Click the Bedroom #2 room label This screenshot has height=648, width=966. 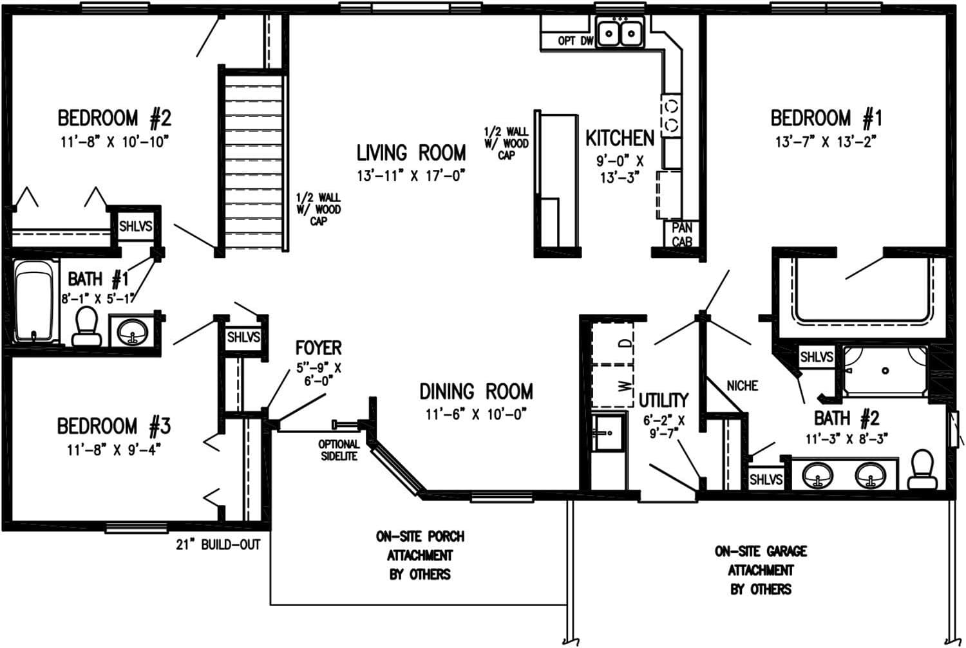point(115,118)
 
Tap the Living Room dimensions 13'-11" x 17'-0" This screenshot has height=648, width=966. point(411,175)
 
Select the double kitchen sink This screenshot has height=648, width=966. point(621,33)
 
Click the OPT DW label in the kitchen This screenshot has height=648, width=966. point(575,41)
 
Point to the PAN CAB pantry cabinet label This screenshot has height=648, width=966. point(682,235)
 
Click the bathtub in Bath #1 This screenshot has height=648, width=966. point(34,301)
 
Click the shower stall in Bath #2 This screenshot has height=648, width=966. point(885,371)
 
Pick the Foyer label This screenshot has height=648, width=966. point(318,348)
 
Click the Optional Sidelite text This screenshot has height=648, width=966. point(339,450)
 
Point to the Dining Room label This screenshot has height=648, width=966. point(476,391)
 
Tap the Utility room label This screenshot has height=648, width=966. point(663,400)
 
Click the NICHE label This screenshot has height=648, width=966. point(742,386)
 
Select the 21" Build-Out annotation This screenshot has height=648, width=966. point(218,545)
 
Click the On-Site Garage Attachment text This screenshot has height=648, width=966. point(761,570)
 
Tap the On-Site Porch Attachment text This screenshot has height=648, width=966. point(420,555)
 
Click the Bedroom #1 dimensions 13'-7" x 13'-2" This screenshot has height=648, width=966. point(826,142)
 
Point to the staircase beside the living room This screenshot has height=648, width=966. point(254,161)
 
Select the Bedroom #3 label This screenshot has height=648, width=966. point(114,426)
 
